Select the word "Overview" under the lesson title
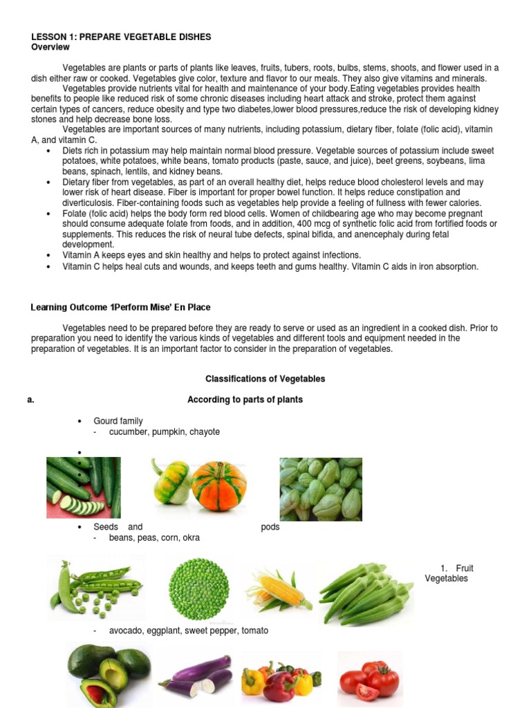[50, 47]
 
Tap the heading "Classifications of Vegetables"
[265, 379]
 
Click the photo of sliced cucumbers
[83, 487]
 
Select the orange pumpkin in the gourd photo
[219, 485]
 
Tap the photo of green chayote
[320, 488]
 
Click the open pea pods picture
[95, 587]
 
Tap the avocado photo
[109, 673]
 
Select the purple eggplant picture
[196, 676]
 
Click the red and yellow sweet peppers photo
[281, 680]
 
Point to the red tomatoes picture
[372, 676]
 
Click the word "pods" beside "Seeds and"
[270, 527]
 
